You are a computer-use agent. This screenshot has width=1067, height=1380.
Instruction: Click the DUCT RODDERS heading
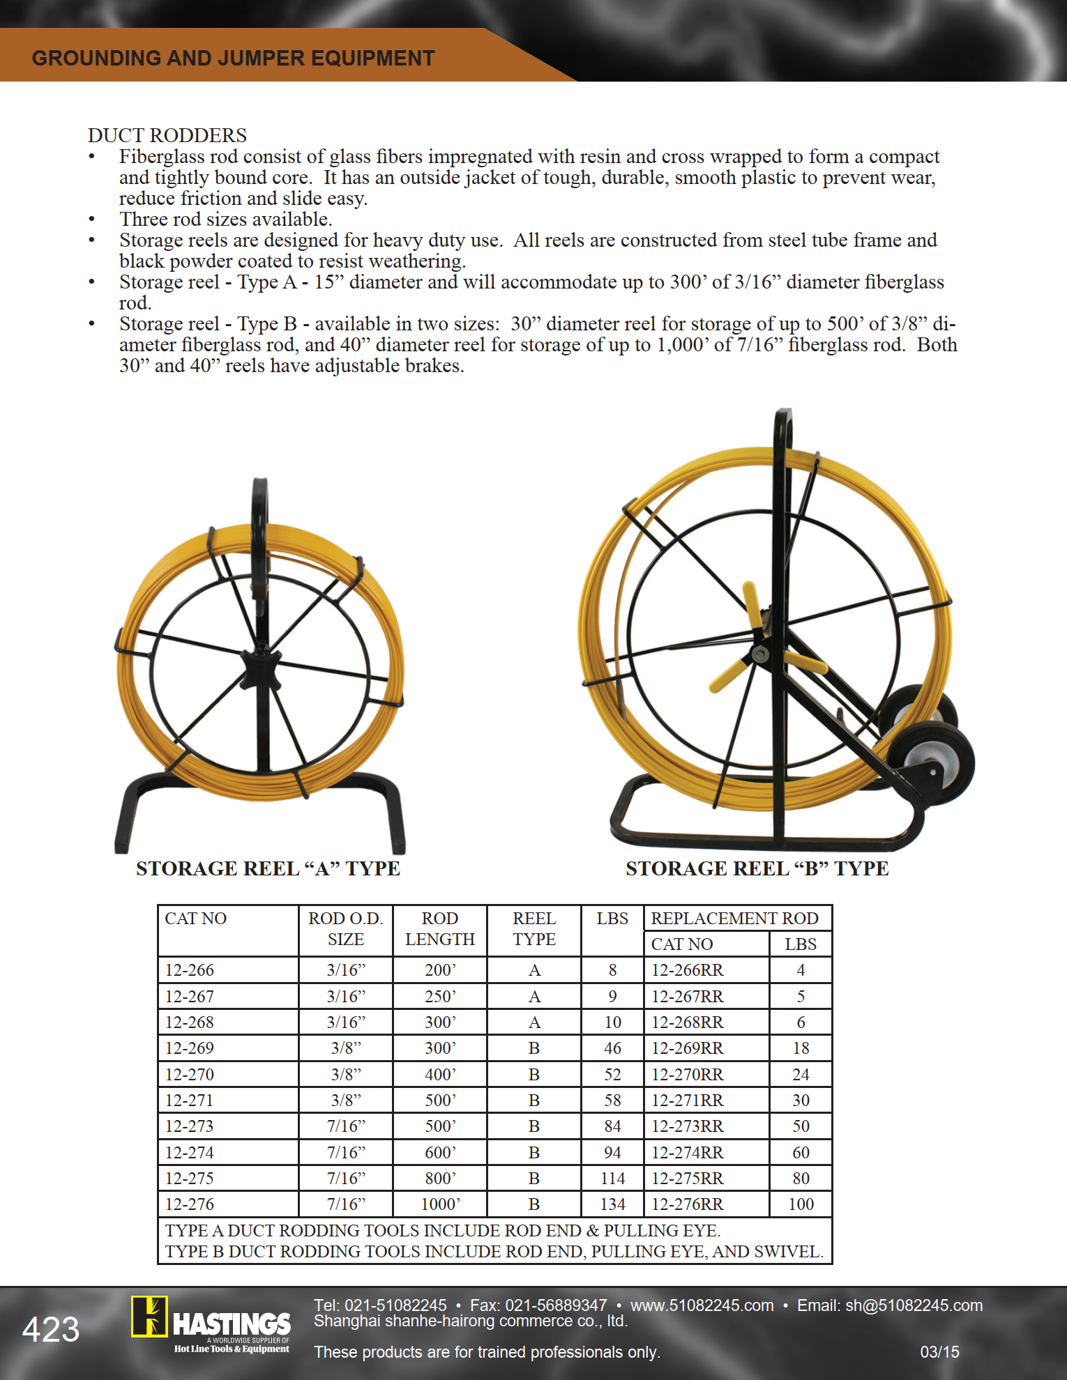[167, 135]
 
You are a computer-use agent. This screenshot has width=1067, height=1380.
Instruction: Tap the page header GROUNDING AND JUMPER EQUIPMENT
[233, 59]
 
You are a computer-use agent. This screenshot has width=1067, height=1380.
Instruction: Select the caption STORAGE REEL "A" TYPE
[268, 868]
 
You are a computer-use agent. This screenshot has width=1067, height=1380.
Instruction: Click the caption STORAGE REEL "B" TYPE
[757, 868]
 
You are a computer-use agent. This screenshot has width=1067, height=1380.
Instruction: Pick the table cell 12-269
[190, 1048]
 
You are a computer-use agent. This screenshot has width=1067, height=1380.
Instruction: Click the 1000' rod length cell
[440, 1204]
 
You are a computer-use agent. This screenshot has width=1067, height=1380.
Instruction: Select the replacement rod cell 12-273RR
[687, 1126]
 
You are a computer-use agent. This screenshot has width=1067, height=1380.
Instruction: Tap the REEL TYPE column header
[534, 929]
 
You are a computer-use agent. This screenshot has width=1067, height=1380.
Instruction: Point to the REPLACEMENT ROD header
[734, 919]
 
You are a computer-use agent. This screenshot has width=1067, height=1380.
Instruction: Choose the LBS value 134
[612, 1204]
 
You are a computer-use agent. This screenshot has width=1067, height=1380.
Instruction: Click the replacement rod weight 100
[801, 1204]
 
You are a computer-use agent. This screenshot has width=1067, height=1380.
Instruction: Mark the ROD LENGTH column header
[440, 929]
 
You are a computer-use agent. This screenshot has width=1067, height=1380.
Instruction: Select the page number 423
[51, 1330]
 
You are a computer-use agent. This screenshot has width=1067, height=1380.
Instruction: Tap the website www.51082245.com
[702, 1305]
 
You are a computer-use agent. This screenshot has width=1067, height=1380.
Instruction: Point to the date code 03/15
[939, 1352]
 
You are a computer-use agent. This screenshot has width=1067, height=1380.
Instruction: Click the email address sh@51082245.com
[914, 1305]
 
